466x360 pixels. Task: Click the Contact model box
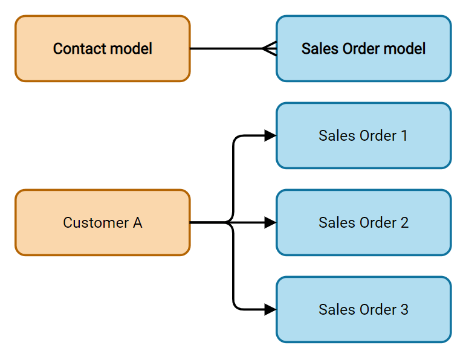[102, 48]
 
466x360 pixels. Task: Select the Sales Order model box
[363, 48]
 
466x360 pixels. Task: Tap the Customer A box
[102, 222]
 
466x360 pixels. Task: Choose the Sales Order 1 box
[363, 135]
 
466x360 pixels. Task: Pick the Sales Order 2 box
[363, 222]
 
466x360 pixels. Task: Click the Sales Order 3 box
[363, 309]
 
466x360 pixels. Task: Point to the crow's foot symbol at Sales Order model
[270, 48]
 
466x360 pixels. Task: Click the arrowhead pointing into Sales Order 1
[270, 135]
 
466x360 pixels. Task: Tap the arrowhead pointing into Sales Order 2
[270, 222]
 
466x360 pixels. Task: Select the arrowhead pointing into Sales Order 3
[270, 309]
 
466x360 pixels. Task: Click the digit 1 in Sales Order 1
[404, 135]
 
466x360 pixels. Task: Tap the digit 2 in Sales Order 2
[404, 222]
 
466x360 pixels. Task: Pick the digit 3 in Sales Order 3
[404, 309]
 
